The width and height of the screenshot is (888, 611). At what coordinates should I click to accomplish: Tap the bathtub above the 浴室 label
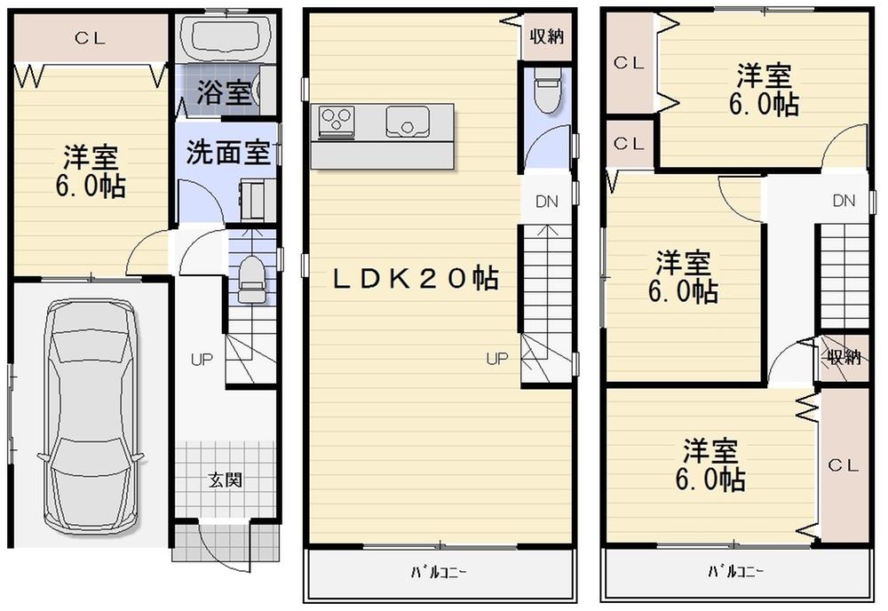tap(225, 39)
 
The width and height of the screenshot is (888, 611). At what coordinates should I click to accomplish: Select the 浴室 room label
tap(225, 92)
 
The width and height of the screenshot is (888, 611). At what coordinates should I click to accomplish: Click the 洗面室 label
tap(227, 152)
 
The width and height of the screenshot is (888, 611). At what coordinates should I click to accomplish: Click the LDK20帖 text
tap(415, 279)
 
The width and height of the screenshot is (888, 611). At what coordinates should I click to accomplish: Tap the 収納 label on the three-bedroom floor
tap(844, 358)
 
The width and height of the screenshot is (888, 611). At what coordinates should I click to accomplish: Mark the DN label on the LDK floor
tap(546, 202)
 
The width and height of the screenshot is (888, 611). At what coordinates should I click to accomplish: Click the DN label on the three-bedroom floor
tap(844, 201)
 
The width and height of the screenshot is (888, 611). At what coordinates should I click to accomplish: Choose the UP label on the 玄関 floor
tap(202, 361)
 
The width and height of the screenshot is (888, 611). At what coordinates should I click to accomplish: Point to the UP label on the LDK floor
tap(496, 359)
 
